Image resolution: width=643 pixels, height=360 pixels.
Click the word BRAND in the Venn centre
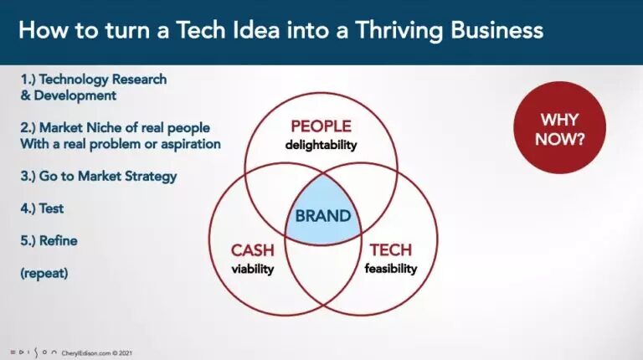(323, 216)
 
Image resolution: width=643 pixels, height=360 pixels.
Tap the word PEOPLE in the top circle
(321, 126)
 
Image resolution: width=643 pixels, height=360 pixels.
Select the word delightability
(321, 145)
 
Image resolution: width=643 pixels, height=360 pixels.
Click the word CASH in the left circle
(252, 250)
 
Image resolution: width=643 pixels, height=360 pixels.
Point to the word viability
(253, 269)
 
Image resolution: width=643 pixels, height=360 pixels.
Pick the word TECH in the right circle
(391, 249)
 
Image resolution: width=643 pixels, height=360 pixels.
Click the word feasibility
(391, 269)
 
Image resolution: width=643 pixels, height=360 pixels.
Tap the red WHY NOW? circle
(560, 127)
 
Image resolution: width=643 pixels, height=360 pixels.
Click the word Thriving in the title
(399, 30)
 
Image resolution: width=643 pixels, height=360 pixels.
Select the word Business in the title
(497, 30)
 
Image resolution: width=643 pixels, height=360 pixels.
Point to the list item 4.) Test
(42, 208)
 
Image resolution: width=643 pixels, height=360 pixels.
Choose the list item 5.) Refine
(49, 240)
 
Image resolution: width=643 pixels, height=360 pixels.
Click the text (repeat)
(44, 273)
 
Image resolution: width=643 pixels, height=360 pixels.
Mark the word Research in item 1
(140, 80)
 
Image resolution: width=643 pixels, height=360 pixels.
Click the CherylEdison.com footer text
(97, 353)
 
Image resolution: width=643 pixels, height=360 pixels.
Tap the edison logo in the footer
(33, 352)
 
